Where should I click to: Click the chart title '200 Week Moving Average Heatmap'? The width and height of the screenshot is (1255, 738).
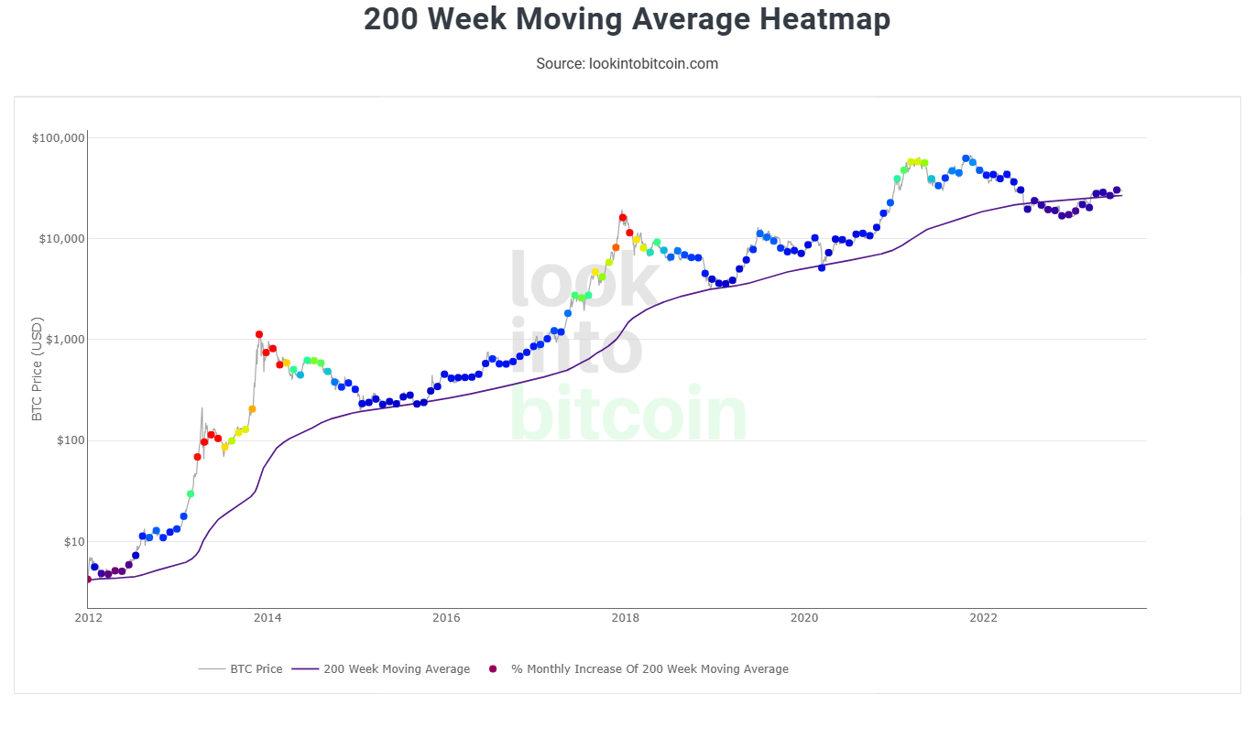pos(627,19)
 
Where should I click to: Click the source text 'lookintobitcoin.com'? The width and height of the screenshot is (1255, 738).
pos(653,64)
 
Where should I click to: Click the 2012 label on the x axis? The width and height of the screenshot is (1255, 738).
pos(88,617)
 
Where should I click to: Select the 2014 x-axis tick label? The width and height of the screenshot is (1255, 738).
pos(267,617)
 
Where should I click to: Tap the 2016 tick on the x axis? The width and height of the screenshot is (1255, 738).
pos(446,617)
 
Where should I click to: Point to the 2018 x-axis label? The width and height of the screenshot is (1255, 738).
pos(626,617)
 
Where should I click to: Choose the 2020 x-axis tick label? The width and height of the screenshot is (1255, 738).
pos(804,617)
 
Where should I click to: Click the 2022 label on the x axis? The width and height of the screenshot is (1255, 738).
pos(984,617)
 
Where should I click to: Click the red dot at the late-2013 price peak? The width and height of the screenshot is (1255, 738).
pos(259,335)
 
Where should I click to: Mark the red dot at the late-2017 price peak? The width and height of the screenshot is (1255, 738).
pos(623,218)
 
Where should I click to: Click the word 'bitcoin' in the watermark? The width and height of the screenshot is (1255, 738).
pos(628,414)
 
